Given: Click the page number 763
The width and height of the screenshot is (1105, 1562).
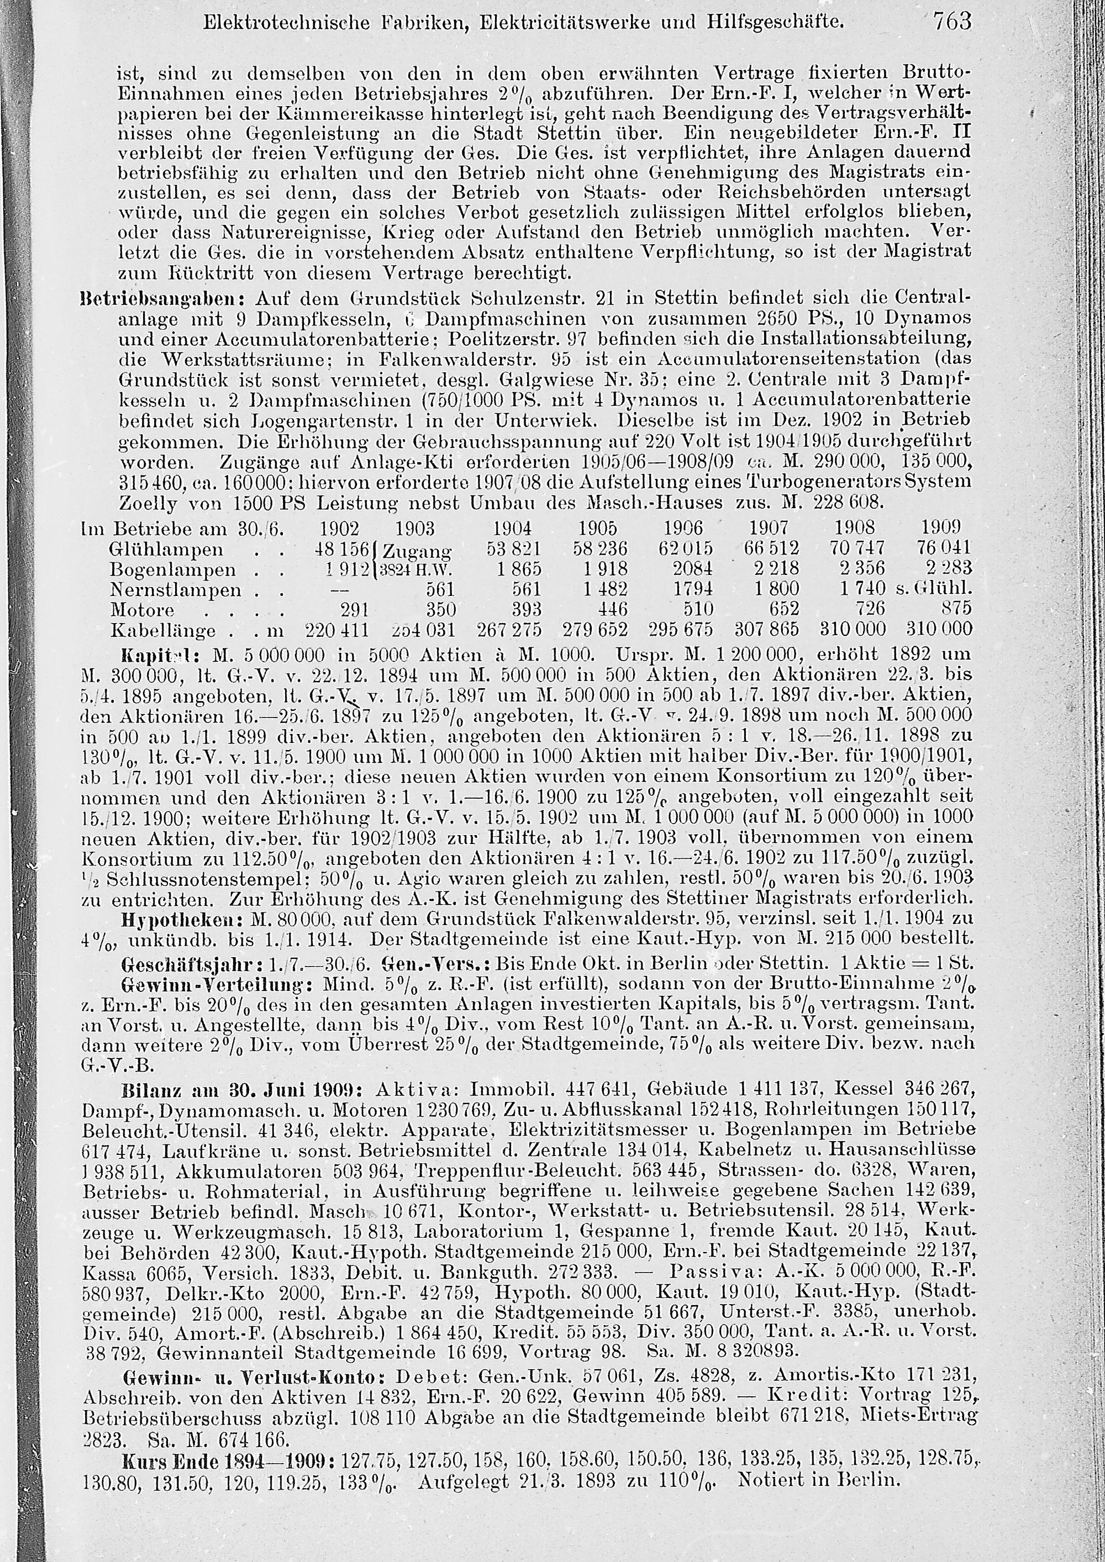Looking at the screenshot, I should coord(952,23).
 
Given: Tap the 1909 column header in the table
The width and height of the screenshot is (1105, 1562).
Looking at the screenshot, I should coord(940,528).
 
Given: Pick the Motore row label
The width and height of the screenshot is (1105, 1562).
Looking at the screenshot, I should coord(141,609).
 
